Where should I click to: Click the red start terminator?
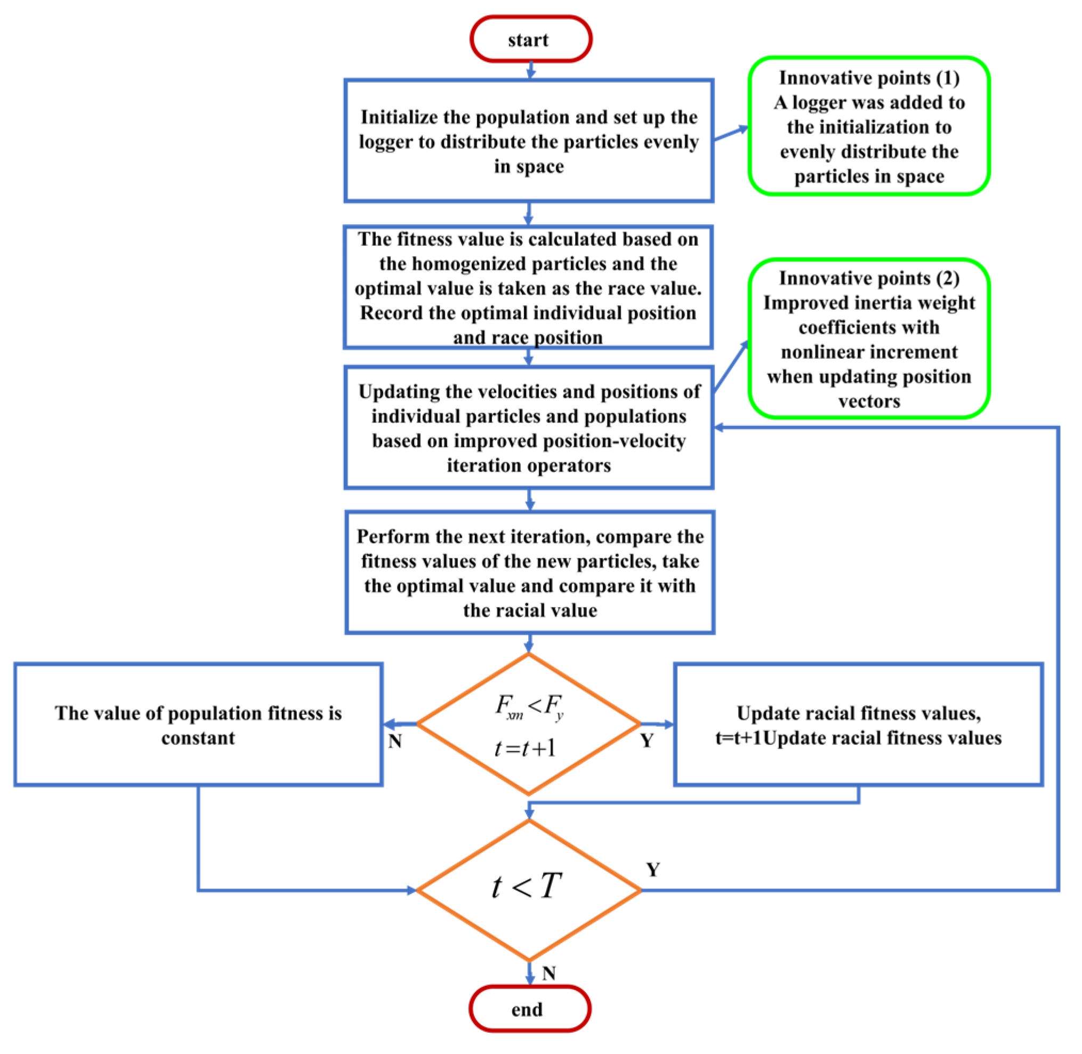(x=530, y=39)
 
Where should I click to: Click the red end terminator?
(x=529, y=1008)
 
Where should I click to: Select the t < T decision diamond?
(x=529, y=890)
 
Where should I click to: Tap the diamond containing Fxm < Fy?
(x=529, y=723)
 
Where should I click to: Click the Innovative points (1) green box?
(x=868, y=126)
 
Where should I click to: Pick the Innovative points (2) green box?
(x=868, y=338)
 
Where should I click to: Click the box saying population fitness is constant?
(x=198, y=724)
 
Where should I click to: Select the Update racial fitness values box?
(x=858, y=724)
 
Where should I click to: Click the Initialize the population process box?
(x=529, y=141)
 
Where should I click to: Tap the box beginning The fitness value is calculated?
(x=528, y=287)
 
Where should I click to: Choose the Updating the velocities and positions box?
(x=529, y=428)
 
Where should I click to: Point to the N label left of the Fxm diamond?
(x=394, y=741)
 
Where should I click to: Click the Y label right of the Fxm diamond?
(x=647, y=740)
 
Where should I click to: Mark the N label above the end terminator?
(x=548, y=972)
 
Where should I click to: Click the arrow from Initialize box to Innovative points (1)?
(x=731, y=133)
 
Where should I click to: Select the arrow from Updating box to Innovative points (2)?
(x=731, y=367)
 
